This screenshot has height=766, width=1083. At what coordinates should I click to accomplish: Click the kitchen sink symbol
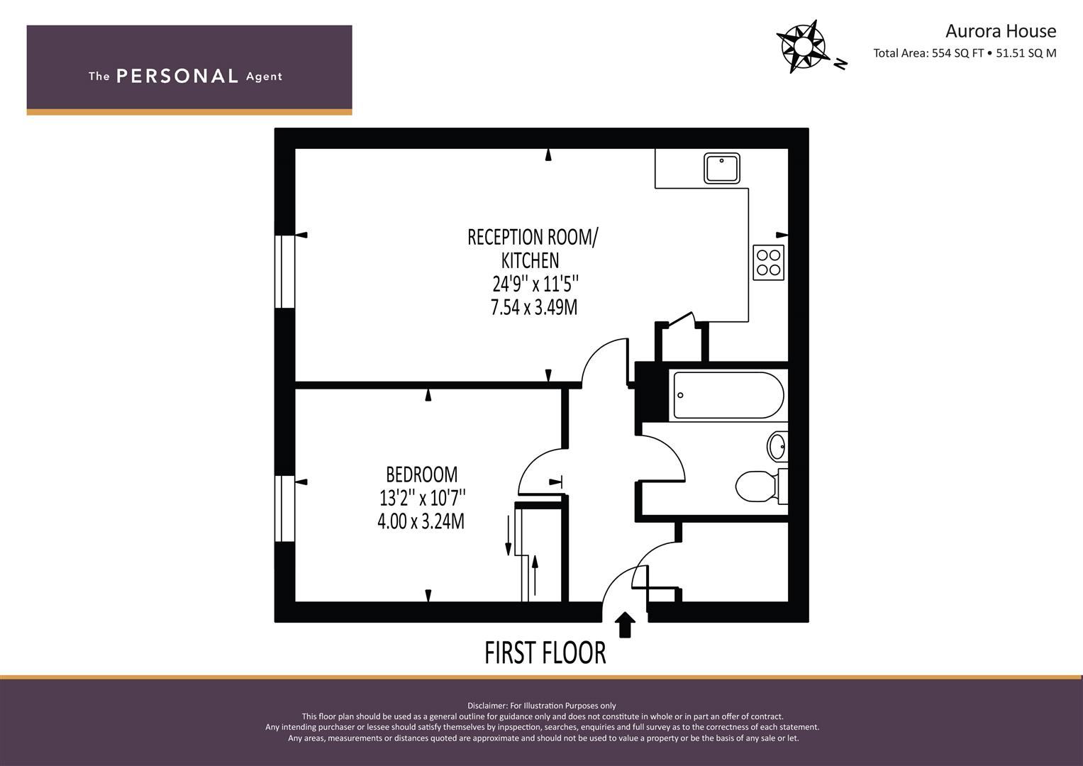click(722, 168)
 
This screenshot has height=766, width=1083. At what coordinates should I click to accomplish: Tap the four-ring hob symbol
click(768, 262)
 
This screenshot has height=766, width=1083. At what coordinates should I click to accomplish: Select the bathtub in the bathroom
click(728, 395)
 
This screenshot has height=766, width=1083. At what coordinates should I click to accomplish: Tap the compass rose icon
click(803, 46)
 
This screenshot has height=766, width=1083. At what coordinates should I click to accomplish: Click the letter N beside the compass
click(840, 64)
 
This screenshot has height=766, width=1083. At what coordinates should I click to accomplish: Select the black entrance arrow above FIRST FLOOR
click(625, 625)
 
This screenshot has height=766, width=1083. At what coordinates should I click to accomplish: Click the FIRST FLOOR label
click(545, 653)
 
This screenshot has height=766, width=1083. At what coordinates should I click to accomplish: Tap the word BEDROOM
click(421, 475)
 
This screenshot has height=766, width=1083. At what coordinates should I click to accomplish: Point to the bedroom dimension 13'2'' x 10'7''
click(422, 498)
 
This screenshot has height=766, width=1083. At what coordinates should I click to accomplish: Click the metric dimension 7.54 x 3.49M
click(534, 308)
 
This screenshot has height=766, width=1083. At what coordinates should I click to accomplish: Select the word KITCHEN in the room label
click(530, 261)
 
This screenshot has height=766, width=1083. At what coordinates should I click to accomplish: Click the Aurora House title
click(1001, 31)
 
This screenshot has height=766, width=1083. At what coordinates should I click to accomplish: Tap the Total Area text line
click(965, 53)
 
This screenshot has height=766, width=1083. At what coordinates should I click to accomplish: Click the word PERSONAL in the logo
click(177, 77)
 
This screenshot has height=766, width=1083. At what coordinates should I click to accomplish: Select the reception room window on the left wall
click(285, 271)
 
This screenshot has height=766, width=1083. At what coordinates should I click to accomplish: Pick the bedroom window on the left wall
click(285, 509)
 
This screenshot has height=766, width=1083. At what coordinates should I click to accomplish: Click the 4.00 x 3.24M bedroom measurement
click(421, 522)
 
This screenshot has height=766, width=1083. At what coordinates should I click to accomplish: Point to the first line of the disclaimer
click(542, 706)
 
